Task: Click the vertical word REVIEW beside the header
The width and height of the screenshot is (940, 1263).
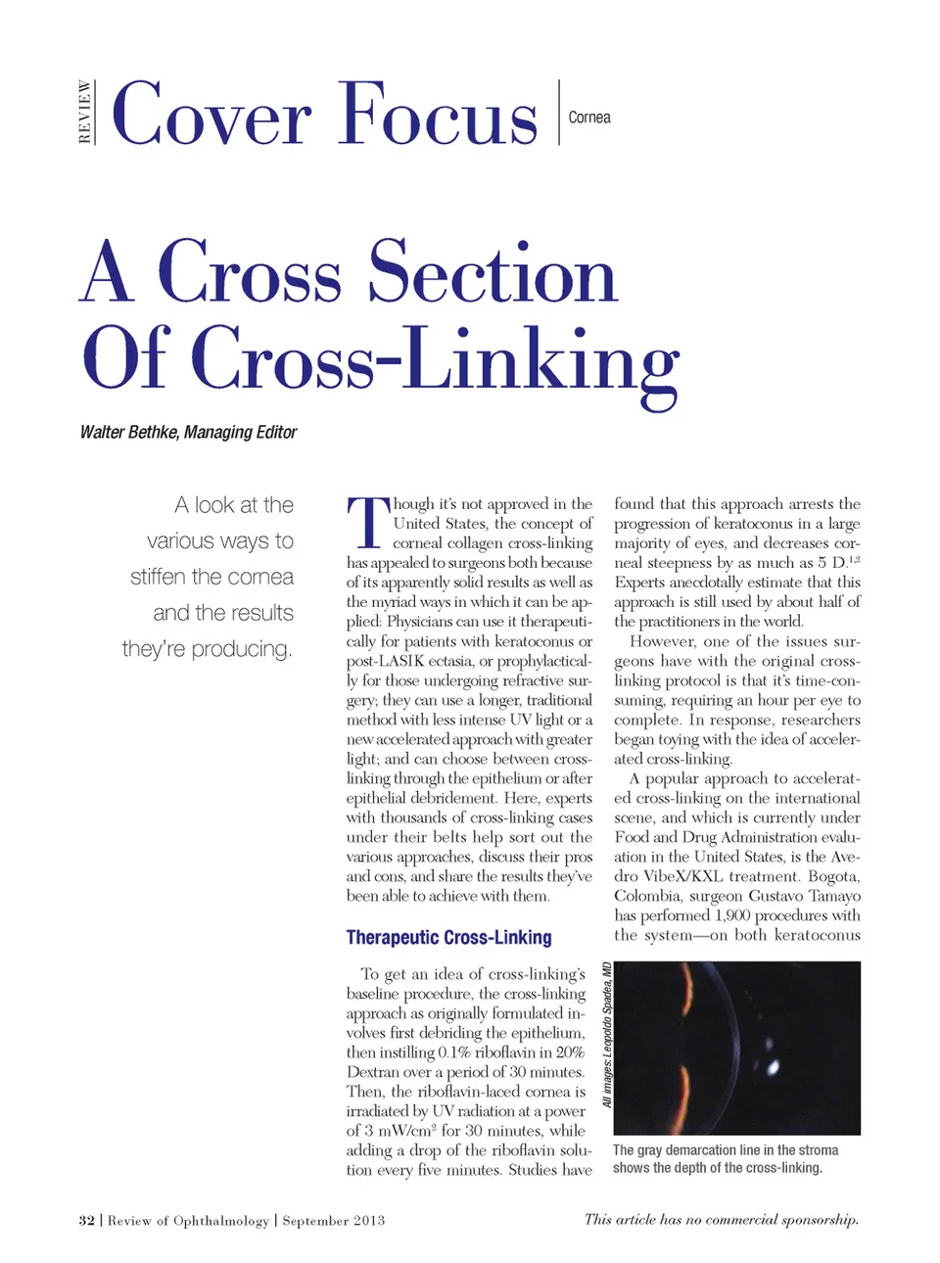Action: pos(85,113)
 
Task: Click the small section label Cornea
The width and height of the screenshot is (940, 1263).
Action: pos(589,117)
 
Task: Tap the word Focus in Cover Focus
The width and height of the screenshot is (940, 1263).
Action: pos(439,116)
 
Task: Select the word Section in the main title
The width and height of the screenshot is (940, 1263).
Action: pos(493,273)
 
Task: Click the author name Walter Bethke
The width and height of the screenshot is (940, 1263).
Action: pos(129,432)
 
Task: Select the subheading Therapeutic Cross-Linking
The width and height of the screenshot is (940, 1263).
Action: pos(448,937)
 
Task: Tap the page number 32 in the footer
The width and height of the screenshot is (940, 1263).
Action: pos(87,1220)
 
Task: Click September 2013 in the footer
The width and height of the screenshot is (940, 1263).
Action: pos(334,1220)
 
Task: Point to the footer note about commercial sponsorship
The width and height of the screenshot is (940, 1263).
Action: pos(721,1219)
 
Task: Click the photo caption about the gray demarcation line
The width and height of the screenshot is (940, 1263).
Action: pos(725,1159)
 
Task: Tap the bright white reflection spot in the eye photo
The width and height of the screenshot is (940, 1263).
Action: pos(775,1065)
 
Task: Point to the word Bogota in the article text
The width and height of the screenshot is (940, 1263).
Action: pos(833,876)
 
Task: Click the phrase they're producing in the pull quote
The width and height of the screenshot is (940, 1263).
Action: pos(207,649)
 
